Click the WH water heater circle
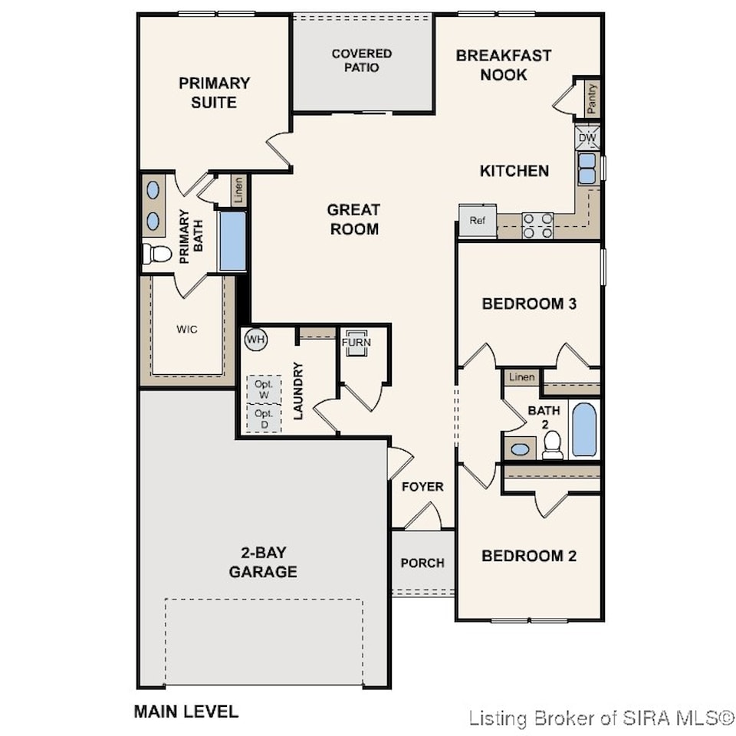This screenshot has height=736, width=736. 256,340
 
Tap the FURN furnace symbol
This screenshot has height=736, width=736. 356,347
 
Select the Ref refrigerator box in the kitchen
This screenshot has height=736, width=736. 478,221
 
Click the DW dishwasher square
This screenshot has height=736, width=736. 587,137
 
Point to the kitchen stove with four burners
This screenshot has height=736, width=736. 537,225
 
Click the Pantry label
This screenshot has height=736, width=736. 591,99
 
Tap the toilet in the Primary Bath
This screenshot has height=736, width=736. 157,254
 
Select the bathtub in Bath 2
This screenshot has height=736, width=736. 584,429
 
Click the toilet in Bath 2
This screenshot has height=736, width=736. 552,445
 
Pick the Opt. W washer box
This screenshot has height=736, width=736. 264,389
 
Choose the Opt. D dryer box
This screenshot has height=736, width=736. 264,419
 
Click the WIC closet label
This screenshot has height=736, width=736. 187,329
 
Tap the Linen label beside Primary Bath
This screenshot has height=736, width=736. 238,190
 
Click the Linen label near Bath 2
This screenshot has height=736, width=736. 521,377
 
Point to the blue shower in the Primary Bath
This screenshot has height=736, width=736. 233,242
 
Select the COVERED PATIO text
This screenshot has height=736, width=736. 361,61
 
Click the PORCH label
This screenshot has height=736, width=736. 422,563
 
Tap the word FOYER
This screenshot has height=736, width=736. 422,487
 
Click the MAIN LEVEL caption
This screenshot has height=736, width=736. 186,711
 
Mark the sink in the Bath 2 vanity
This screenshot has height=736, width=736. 520,449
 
